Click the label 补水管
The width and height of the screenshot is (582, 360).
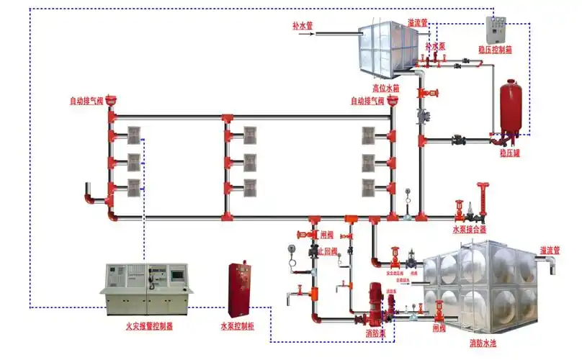coord(303,25)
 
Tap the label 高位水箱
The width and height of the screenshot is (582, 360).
coord(385,89)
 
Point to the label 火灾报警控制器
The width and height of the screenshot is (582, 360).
coord(149,325)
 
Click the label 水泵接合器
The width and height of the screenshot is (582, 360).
coord(469,230)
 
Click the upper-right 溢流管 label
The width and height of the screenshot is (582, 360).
coord(418,22)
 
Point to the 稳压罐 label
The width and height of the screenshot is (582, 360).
coord(509,153)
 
